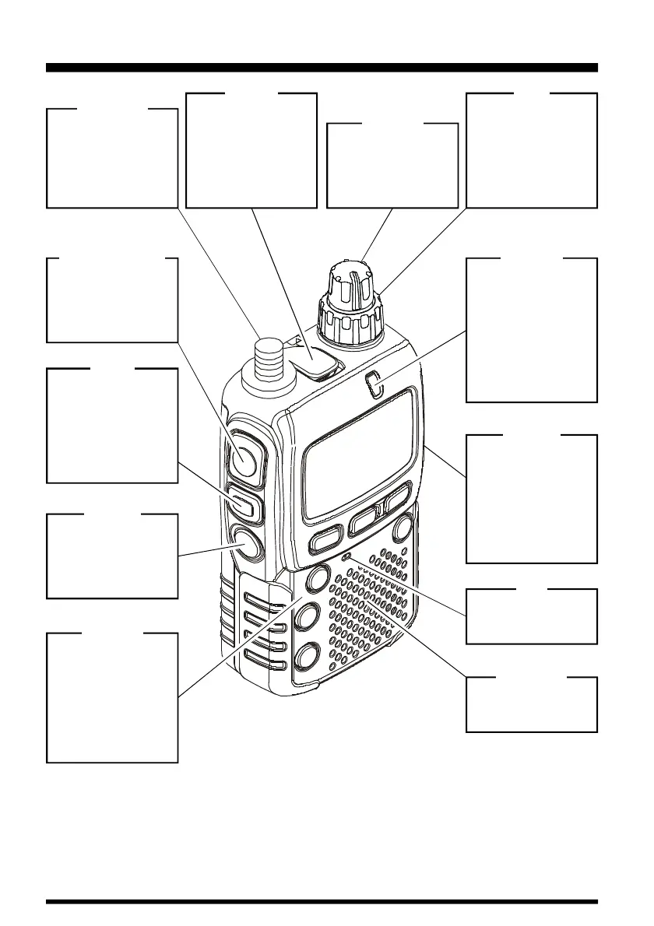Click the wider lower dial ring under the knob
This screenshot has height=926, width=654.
(351, 321)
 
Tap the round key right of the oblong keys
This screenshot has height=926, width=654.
(402, 528)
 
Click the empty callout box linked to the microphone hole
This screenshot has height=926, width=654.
(531, 616)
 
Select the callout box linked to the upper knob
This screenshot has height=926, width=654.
(392, 165)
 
